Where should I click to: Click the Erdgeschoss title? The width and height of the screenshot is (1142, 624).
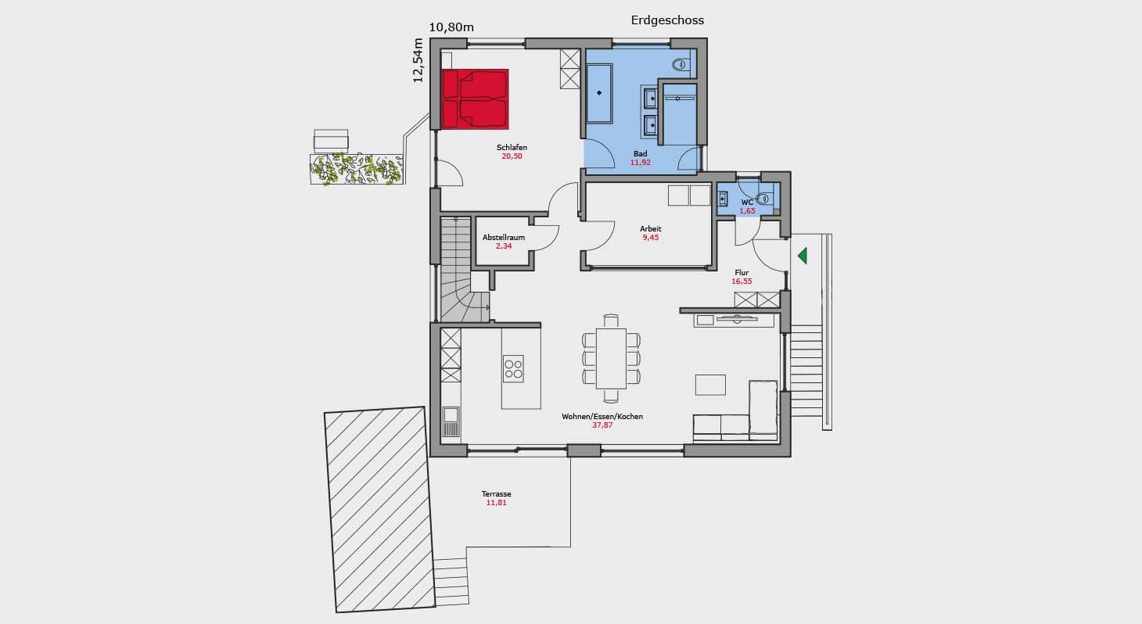click(667, 20)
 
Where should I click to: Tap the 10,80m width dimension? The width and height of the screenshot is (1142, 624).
click(451, 27)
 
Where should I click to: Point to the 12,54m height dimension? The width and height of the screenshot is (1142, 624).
click(418, 60)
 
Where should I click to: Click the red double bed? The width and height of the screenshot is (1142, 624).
click(475, 99)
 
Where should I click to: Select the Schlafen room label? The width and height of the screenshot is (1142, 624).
click(512, 147)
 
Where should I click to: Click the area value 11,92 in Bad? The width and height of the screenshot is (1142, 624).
click(641, 163)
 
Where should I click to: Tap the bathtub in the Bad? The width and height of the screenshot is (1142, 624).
click(599, 93)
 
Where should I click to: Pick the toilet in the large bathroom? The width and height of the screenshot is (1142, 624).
click(681, 65)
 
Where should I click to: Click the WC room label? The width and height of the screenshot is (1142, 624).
click(748, 203)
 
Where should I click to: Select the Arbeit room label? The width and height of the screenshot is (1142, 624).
click(651, 229)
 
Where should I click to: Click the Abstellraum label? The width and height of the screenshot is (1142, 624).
click(504, 238)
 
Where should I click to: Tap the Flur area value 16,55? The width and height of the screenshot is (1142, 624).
click(742, 282)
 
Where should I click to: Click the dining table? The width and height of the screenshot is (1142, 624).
click(611, 359)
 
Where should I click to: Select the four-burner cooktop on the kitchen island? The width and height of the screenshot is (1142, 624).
click(513, 368)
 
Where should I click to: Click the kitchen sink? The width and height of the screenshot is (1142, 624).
click(451, 421)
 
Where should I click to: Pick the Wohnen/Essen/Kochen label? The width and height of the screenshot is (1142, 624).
click(602, 417)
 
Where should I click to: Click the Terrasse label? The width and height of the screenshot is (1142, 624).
click(496, 494)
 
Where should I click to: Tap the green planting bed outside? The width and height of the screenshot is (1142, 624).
click(357, 169)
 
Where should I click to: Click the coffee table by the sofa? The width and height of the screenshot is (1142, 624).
click(710, 385)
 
